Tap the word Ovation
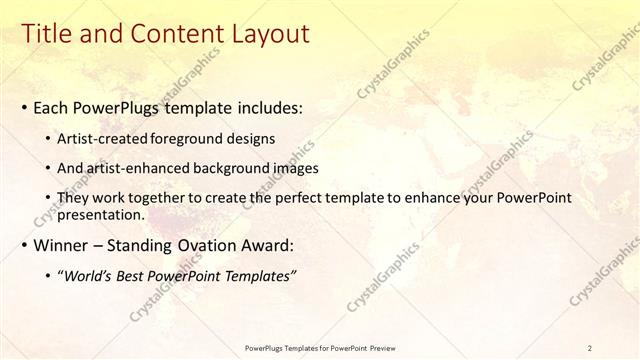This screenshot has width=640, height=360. (x=204, y=245)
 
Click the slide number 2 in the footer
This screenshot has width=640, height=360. (x=590, y=347)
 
